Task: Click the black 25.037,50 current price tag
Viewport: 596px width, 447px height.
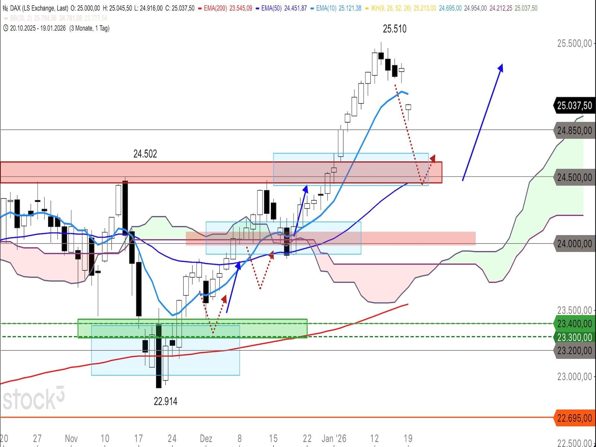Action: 574,106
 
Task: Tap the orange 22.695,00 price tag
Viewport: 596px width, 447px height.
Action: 574,418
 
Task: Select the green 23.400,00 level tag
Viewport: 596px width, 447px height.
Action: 574,323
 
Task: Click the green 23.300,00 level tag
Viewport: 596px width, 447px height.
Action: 574,337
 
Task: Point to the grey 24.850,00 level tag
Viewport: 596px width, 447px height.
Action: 574,130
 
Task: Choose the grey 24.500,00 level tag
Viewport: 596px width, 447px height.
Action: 574,177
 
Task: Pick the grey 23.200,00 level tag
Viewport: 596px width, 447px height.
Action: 574,351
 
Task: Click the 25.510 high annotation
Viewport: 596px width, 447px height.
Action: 394,29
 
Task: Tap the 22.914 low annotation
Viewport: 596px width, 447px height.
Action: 165,401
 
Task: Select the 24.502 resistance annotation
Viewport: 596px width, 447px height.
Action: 145,154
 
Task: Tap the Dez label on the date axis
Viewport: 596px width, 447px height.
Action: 206,438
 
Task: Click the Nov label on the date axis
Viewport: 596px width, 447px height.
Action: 71,438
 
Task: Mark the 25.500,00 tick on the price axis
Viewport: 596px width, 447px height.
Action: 574,44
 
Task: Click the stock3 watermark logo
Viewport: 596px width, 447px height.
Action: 34,399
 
